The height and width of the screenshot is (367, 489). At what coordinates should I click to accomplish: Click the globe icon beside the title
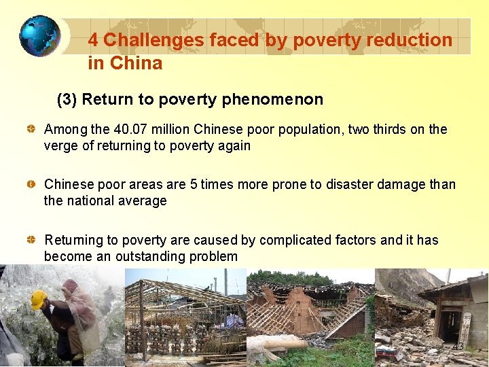[x=39, y=35]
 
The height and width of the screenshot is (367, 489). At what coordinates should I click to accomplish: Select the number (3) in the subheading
[x=67, y=100]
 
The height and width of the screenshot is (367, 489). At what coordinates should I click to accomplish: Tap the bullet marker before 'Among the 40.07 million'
[x=32, y=129]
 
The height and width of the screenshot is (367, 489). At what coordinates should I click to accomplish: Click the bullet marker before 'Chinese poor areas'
[x=32, y=184]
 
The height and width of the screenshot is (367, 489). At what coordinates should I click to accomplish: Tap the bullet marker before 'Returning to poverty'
[x=32, y=240]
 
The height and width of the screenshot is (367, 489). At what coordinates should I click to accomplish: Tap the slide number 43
[x=458, y=347]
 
